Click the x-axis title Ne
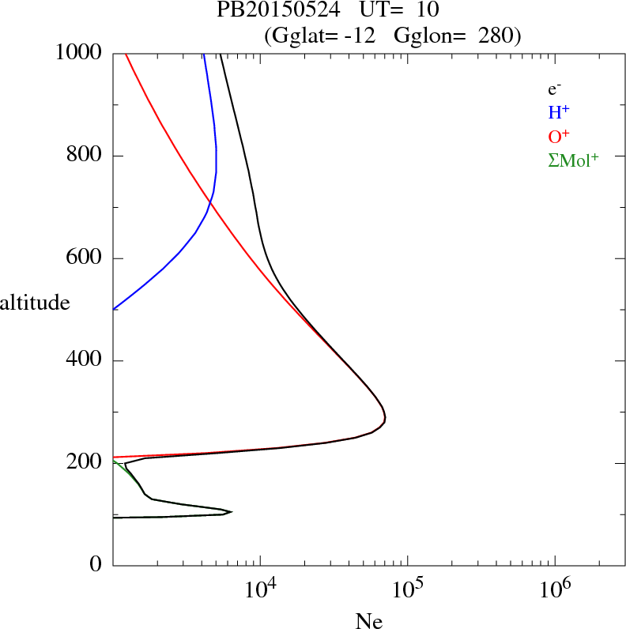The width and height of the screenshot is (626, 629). tap(368, 621)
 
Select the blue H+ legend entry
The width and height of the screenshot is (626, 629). tap(559, 113)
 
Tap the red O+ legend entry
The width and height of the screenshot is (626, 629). tap(559, 136)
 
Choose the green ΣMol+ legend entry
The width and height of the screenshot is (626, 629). tap(573, 160)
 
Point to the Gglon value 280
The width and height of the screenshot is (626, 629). tap(492, 35)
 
